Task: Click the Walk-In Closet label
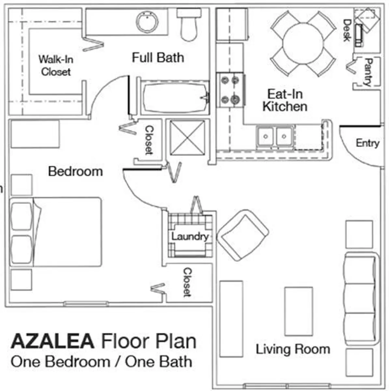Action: coord(56,65)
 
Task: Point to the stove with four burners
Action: coord(230,90)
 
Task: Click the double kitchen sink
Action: coord(275,137)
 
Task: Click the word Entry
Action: coord(367,143)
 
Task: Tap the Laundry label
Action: coord(190,236)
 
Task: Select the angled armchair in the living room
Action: coord(243,235)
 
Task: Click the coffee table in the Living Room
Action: coord(299,311)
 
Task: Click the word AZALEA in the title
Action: coord(52,341)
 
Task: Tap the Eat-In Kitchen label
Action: coord(285,100)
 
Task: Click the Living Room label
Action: coord(293,349)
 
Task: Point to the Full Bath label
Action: coord(158,57)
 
